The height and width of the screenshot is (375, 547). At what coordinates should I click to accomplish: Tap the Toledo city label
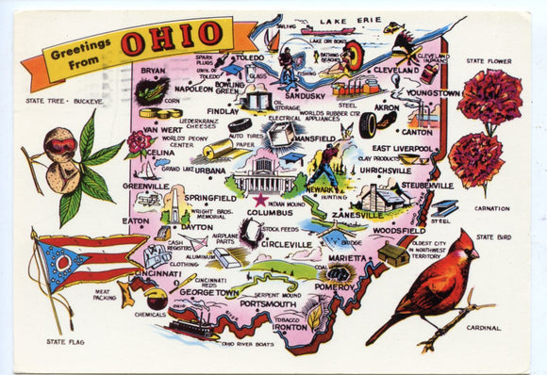click(248, 57)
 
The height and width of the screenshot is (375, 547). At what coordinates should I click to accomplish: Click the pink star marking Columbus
click(260, 200)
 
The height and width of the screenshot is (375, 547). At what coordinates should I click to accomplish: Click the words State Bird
click(492, 237)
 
